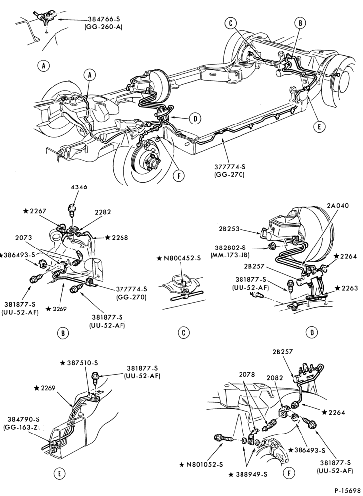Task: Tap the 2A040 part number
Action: [x=337, y=206]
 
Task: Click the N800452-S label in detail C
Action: [x=180, y=258]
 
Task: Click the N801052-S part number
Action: [x=201, y=465]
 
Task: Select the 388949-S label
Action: [x=247, y=474]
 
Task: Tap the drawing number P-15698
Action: [x=347, y=490]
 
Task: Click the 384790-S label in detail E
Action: [x=21, y=420]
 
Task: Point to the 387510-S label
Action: [x=81, y=363]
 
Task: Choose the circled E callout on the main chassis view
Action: [x=319, y=126]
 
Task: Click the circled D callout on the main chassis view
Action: [x=196, y=119]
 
